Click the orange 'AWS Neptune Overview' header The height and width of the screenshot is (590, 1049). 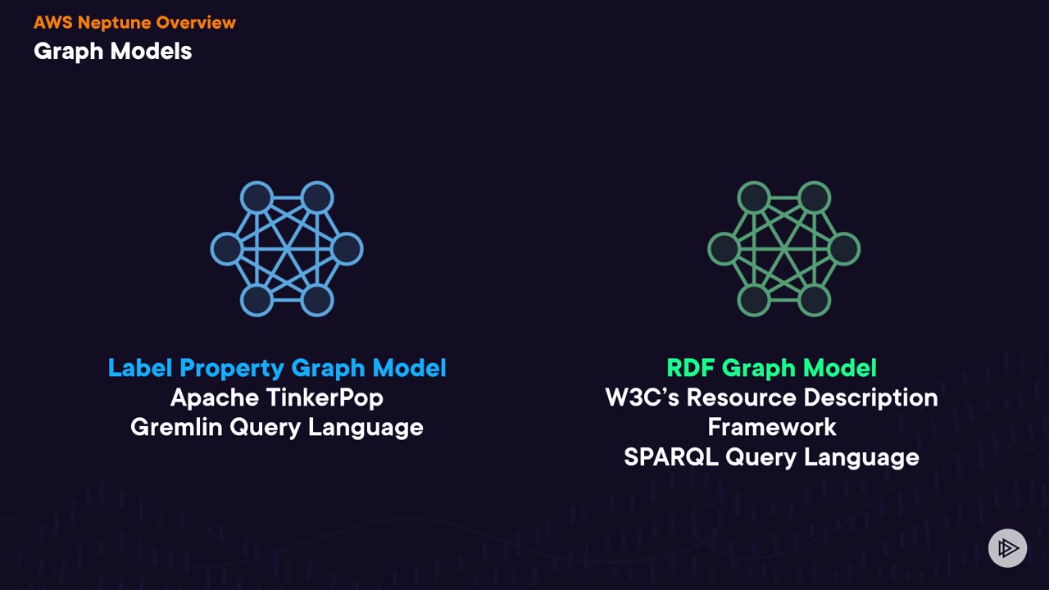[x=134, y=22]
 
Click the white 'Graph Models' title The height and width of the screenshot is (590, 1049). [x=112, y=51]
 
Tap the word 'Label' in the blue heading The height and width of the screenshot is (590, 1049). [x=140, y=368]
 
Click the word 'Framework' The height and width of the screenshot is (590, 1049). [x=771, y=427]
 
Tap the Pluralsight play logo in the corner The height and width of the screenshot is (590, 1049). [x=1007, y=547]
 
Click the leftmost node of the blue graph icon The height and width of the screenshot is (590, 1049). [x=226, y=249]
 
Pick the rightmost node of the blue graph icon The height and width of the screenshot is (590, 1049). [x=347, y=249]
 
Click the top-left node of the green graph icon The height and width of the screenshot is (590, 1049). [x=753, y=197]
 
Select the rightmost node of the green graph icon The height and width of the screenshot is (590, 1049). [x=844, y=249]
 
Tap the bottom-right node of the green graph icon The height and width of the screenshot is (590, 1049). [x=814, y=301]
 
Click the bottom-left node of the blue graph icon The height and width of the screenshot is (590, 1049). [x=257, y=301]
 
